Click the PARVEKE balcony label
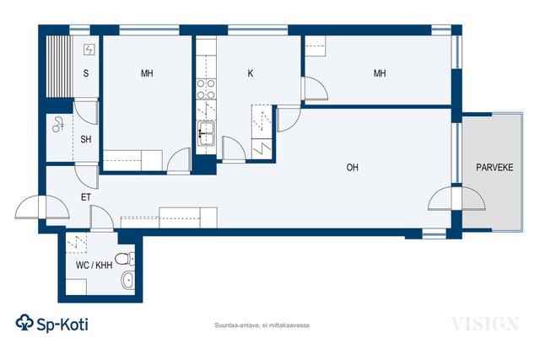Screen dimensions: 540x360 tap(494, 168)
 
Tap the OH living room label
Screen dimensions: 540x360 tap(353, 168)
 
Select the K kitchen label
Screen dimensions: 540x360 tap(251, 73)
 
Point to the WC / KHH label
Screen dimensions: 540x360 tap(94, 266)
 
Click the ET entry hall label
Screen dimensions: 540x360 tap(86, 197)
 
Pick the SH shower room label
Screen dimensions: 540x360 tap(86, 139)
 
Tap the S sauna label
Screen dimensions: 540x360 tap(86, 73)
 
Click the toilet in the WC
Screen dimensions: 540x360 tap(125, 259)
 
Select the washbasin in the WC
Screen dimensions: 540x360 tap(127, 280)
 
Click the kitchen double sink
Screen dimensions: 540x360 tap(206, 133)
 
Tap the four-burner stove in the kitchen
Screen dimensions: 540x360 tap(206, 89)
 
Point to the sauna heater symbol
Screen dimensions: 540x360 tap(89, 50)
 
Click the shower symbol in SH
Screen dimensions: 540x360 tap(58, 125)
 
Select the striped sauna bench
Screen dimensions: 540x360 tap(60, 67)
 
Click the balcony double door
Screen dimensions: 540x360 tap(456, 198)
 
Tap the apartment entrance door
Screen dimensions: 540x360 tap(42, 207)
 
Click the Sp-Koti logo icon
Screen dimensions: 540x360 tap(24, 323)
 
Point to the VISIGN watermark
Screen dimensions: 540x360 tap(485, 324)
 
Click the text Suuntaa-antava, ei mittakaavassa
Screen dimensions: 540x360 tap(262, 325)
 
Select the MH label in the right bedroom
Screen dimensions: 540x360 tap(380, 73)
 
